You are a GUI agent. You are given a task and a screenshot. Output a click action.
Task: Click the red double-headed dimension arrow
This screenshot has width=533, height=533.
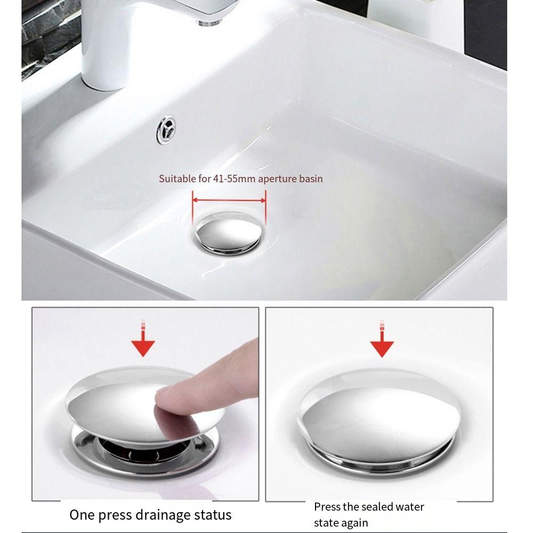pos(229,201)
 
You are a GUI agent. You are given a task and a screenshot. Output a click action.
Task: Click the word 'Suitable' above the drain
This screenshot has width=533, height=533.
pos(177,179)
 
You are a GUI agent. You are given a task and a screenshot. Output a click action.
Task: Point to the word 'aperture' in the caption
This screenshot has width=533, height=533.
pos(277,179)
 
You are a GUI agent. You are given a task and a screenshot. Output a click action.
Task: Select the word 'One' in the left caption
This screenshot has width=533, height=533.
pos(82,515)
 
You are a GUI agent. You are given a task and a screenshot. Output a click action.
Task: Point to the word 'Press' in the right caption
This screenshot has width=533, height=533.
pos(327,506)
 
